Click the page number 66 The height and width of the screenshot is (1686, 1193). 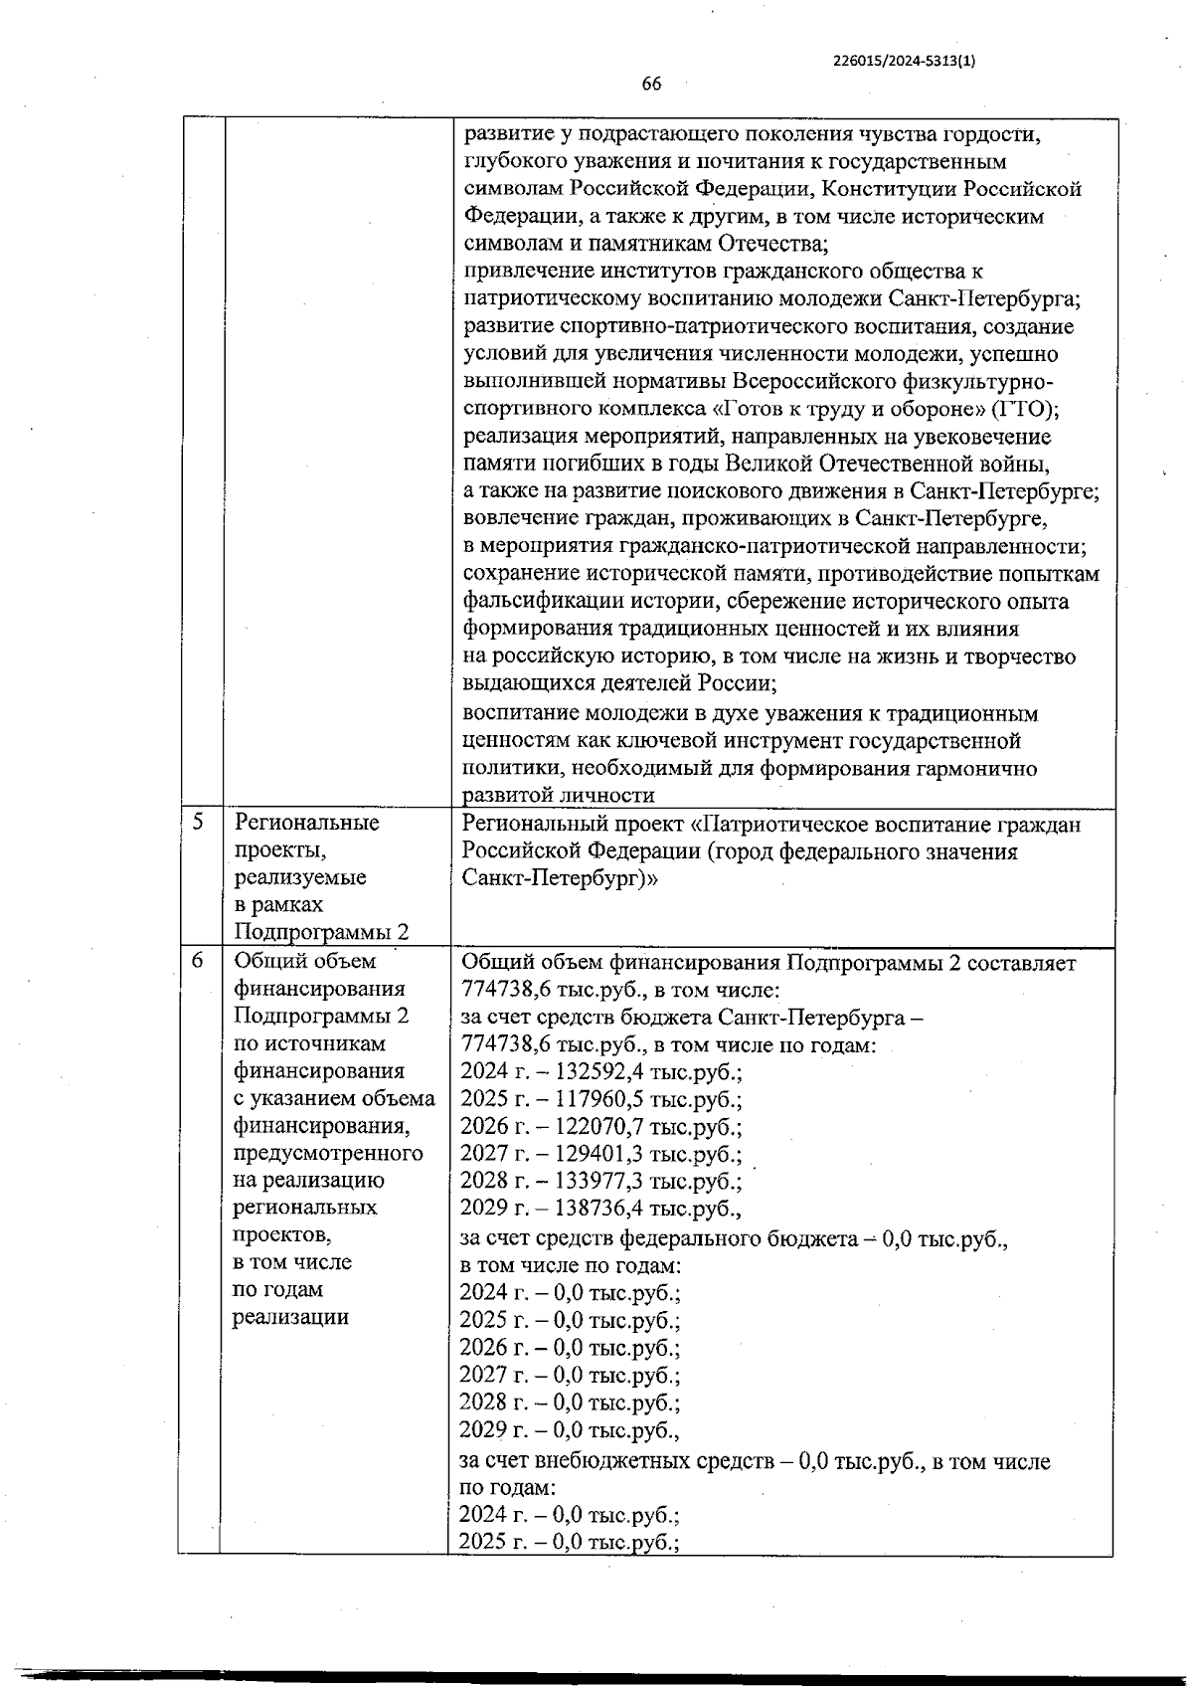[651, 84]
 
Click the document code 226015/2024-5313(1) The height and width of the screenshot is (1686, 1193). [904, 60]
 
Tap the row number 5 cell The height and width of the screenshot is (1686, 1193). [200, 823]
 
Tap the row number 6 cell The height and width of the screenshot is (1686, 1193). [200, 961]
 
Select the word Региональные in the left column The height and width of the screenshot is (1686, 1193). [306, 824]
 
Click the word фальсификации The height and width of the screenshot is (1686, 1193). [528, 602]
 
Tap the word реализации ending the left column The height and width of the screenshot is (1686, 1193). [290, 1318]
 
